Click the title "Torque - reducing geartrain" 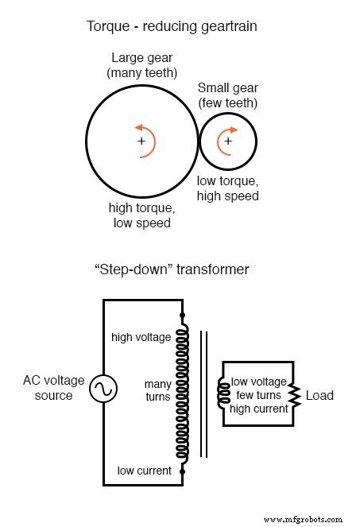(172, 26)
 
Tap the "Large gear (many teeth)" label (141, 64)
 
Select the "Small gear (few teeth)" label (228, 95)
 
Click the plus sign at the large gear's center (141, 141)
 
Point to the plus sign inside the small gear (228, 141)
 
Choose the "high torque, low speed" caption (141, 215)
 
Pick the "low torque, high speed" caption (228, 188)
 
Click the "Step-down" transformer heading (172, 269)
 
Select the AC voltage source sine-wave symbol (103, 389)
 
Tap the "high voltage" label (141, 337)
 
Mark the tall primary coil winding (184, 393)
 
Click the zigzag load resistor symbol (294, 395)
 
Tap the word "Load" (319, 395)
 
